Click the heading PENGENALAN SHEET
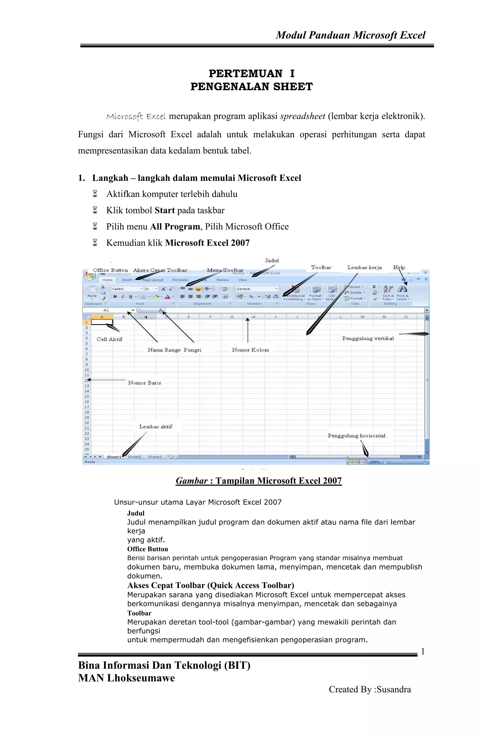[x=251, y=86]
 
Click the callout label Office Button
[x=110, y=270]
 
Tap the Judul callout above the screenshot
[x=272, y=260]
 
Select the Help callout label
[x=399, y=267]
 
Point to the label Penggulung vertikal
[x=368, y=338]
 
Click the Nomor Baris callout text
[x=144, y=383]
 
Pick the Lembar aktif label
[x=155, y=427]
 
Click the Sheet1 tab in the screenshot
[x=114, y=457]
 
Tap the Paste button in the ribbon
[x=92, y=292]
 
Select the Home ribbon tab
[x=107, y=280]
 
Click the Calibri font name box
[x=125, y=289]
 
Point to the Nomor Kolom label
[x=250, y=350]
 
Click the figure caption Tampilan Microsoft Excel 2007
[x=278, y=481]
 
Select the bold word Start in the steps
[x=164, y=210]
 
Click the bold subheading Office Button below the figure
[x=147, y=549]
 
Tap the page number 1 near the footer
[x=423, y=652]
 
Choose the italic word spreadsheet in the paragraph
[x=302, y=116]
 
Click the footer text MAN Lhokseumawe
[x=126, y=678]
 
